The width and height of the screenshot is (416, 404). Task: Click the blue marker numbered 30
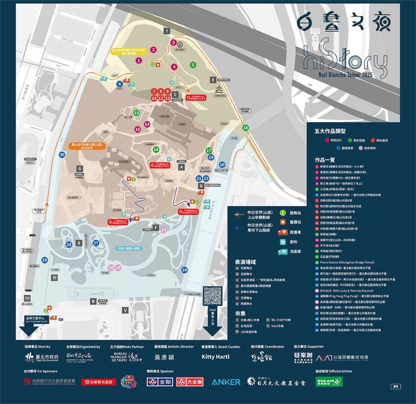coord(62,154)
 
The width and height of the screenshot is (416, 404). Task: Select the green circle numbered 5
coord(193,65)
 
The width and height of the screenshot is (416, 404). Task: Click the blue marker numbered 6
coord(120,84)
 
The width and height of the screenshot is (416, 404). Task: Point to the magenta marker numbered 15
coord(137,129)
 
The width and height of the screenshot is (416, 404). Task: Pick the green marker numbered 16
coord(155,149)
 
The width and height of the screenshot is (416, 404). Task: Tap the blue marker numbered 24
coord(185,270)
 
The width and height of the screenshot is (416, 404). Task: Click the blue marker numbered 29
coord(45,260)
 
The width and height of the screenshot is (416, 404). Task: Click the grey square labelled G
coord(80,169)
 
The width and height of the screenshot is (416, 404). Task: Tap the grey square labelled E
coord(213,80)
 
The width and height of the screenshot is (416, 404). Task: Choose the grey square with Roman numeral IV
coord(28,298)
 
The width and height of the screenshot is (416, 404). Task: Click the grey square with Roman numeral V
coord(125,310)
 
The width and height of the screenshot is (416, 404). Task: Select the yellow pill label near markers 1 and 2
coord(130,52)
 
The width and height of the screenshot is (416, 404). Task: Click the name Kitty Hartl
coord(216,357)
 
